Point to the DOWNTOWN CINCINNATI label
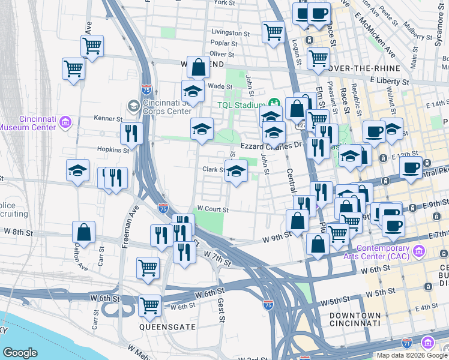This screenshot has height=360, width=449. [355, 319]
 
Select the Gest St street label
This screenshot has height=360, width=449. [221, 310]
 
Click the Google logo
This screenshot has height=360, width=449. [20, 353]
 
